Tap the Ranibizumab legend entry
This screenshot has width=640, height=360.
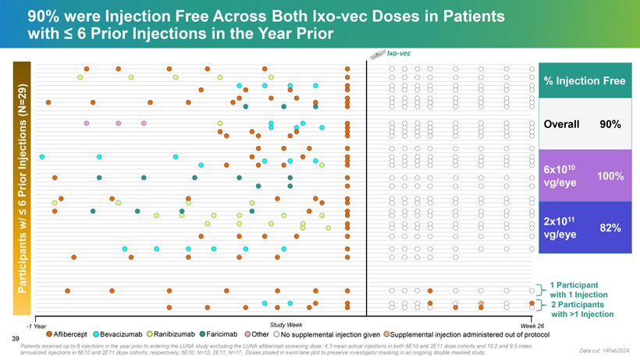click(173, 334)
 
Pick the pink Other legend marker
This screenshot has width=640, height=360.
click(247, 334)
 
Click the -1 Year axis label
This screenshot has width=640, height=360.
click(36, 326)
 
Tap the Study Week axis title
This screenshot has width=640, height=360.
click(286, 324)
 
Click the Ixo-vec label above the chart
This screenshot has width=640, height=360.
click(399, 53)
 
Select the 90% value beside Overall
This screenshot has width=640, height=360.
click(610, 124)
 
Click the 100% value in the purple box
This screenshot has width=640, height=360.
click(610, 176)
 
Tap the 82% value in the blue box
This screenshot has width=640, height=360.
click(610, 228)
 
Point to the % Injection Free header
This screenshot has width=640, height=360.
click(588, 81)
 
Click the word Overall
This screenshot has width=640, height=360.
click(561, 124)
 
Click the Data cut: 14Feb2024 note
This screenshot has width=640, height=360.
click(607, 351)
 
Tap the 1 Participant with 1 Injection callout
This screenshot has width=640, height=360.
click(578, 289)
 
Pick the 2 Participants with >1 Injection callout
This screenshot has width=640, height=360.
click(582, 309)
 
